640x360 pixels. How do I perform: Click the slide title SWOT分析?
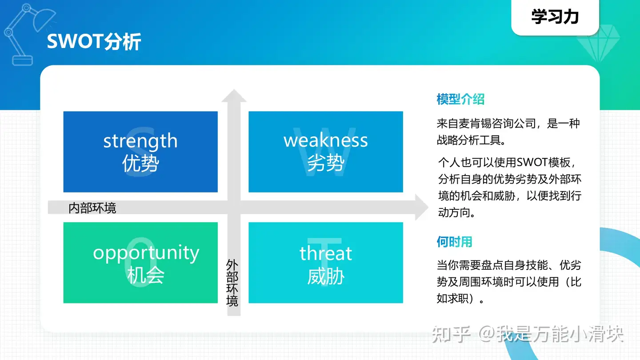coord(94,42)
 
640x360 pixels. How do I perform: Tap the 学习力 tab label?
coord(555,17)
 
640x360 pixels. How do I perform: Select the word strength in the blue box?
coord(140,141)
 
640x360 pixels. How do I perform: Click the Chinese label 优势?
coord(140,164)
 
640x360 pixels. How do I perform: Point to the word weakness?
coord(326,140)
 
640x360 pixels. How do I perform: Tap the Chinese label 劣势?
coord(326,164)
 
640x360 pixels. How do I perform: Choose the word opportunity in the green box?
coord(146,253)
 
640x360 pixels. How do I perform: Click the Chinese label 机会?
coord(146,276)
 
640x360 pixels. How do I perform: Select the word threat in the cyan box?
coord(326,253)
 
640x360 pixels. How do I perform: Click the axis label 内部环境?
coord(92,208)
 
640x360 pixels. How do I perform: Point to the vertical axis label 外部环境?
coord(232,283)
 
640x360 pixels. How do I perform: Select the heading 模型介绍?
coord(460,99)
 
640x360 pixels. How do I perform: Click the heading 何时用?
coord(454,242)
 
